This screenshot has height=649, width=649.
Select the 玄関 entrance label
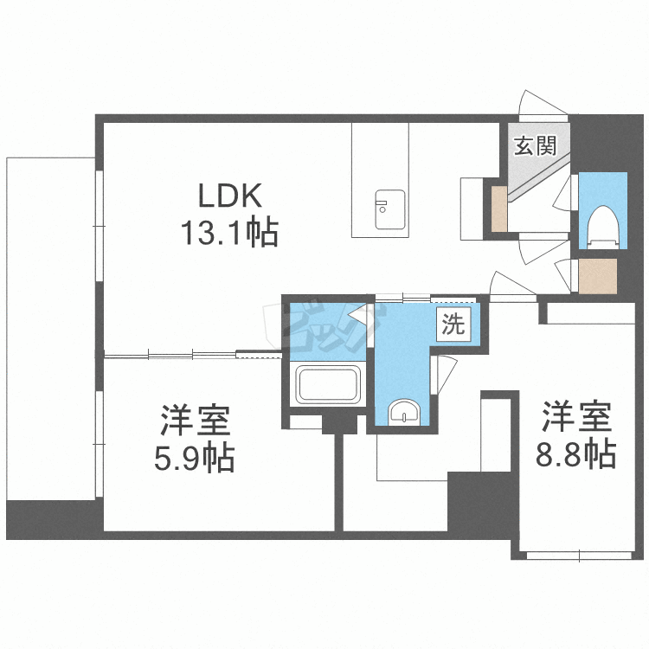tap(534, 146)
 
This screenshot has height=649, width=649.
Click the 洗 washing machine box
tap(453, 325)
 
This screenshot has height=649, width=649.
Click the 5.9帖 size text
tap(196, 459)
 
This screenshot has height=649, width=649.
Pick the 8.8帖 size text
tap(575, 453)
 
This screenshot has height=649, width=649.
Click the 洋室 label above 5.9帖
tap(195, 422)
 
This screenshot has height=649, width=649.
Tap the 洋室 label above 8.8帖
tap(576, 418)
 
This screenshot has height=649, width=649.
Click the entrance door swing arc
tap(540, 103)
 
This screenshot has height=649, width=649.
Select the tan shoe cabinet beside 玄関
tap(499, 209)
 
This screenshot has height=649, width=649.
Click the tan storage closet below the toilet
tap(598, 277)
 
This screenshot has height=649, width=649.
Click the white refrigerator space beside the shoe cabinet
tap(471, 209)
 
